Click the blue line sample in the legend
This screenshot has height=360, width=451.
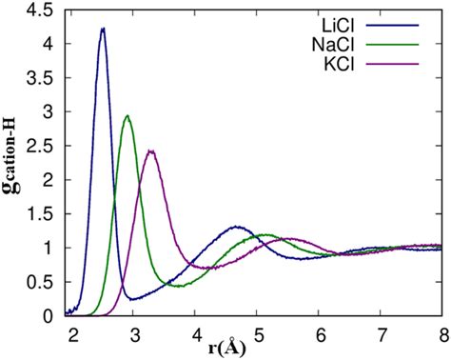(x=408, y=21)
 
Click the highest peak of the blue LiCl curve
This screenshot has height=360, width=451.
(x=103, y=29)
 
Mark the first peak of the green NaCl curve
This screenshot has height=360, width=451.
(x=127, y=116)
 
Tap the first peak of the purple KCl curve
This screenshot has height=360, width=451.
(x=151, y=150)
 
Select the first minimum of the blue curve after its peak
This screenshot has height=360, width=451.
(x=133, y=299)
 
